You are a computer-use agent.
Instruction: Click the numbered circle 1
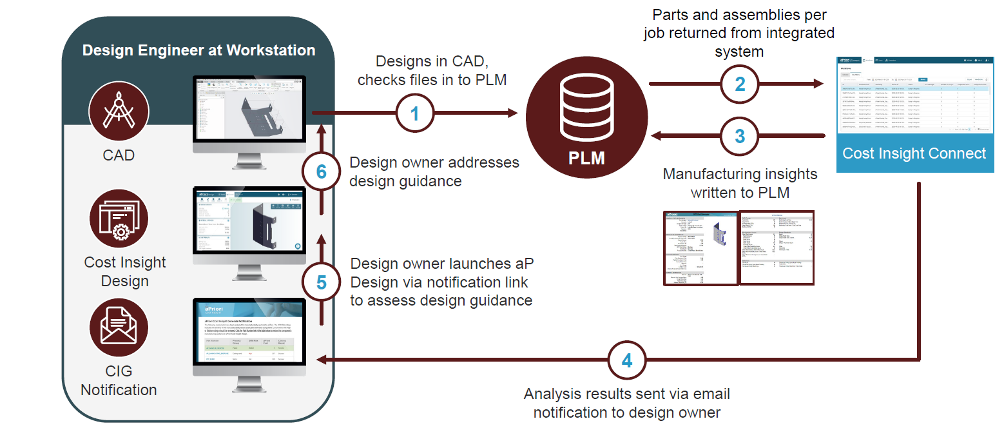tap(414, 113)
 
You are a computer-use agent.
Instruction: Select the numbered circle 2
tap(740, 84)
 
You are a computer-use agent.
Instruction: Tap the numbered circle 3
tap(740, 135)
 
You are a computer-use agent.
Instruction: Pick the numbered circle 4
tap(626, 360)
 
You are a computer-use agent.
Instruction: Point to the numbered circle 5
tap(322, 282)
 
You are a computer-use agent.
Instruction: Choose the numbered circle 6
tap(322, 171)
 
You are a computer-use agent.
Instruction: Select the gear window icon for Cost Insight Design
tap(119, 219)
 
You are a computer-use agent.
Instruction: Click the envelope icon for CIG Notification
tap(119, 327)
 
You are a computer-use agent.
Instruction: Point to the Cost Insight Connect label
tap(914, 153)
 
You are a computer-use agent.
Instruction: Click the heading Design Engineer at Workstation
tap(198, 50)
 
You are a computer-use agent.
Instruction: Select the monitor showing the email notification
tap(250, 337)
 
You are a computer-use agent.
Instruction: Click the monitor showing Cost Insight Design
tap(250, 226)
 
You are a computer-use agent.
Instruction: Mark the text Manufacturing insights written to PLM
tap(740, 183)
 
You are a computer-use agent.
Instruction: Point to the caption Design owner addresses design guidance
tap(434, 171)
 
